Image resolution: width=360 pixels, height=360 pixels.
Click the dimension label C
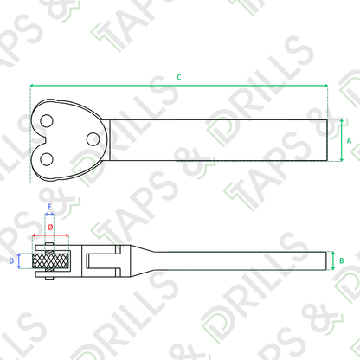coord(179,77)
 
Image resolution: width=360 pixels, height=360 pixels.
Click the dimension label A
coord(349,140)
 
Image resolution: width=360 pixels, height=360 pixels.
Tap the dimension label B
coord(342,260)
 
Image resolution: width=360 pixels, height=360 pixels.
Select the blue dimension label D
coord(11,261)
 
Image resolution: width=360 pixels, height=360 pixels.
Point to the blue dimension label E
coord(49,207)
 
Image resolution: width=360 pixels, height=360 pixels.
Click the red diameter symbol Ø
coord(50,227)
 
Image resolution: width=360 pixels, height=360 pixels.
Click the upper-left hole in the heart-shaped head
coord(47,121)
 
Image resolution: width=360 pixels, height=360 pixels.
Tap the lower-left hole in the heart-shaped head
coord(47,159)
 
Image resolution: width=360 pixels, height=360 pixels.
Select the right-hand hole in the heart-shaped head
coord(93,139)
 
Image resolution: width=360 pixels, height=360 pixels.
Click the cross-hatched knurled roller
coord(51,261)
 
